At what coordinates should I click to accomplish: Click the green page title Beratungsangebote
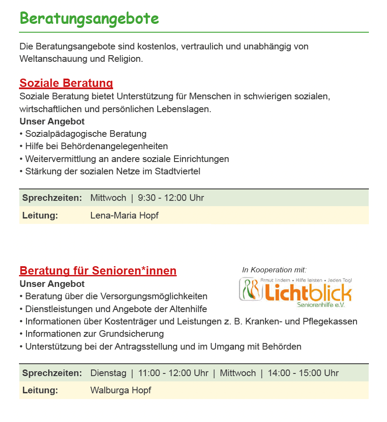pos(89,19)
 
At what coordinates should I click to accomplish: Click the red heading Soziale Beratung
pos(66,83)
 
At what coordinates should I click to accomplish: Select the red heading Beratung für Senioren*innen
pos(98,271)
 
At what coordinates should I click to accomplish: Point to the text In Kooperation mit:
pos(274,270)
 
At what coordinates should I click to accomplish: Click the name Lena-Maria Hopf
pos(124,215)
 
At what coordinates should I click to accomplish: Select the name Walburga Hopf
pos(121,390)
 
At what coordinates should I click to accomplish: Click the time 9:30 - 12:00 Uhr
pos(171,198)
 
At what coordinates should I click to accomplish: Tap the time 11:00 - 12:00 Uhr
pos(173,373)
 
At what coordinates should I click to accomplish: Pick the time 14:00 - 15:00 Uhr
pos(303,373)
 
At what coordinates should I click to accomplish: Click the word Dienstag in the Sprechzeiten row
pos(108,373)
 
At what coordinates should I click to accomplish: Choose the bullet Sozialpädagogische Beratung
pos(86,134)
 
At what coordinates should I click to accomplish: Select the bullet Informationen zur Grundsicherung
pos(94,334)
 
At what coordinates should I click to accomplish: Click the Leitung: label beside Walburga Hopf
pos(40,390)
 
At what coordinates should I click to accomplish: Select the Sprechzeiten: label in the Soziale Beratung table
pos(52,198)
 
